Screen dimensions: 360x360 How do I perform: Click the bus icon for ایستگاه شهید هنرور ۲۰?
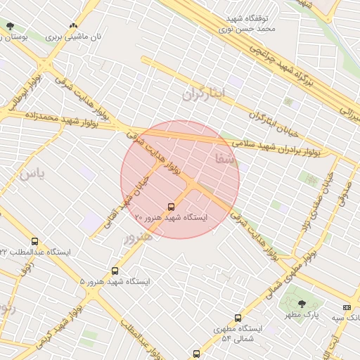(171, 207)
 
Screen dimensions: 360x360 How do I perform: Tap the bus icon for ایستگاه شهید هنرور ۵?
(115, 271)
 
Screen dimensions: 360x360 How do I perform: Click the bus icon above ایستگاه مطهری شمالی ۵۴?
(238, 318)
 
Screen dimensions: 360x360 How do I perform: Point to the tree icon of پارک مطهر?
(302, 304)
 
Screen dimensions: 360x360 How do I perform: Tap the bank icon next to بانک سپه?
(346, 307)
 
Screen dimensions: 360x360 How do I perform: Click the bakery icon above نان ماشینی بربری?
(73, 25)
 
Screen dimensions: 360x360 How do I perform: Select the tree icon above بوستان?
(9, 26)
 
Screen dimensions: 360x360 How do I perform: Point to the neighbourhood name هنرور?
(137, 238)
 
